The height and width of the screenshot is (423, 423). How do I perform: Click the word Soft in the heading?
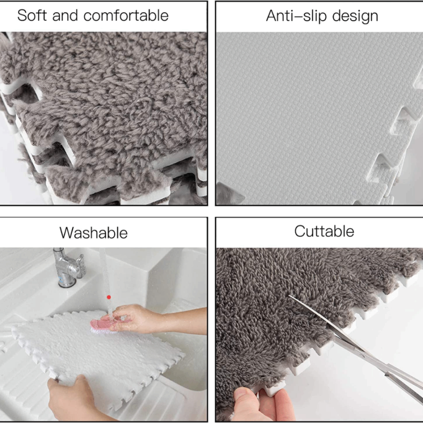[x=32, y=15]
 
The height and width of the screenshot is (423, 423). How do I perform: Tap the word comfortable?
[x=126, y=16]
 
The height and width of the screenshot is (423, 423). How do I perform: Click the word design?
[x=355, y=16]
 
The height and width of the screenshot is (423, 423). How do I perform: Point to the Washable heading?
[x=94, y=233]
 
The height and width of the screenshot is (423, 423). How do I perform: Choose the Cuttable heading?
[x=324, y=231]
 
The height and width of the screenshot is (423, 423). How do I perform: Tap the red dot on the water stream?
[x=109, y=297]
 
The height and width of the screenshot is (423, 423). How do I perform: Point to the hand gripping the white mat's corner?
[x=73, y=398]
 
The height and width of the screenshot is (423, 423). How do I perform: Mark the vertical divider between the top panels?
[x=211, y=103]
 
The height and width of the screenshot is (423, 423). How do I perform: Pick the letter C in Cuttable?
[x=300, y=231]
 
